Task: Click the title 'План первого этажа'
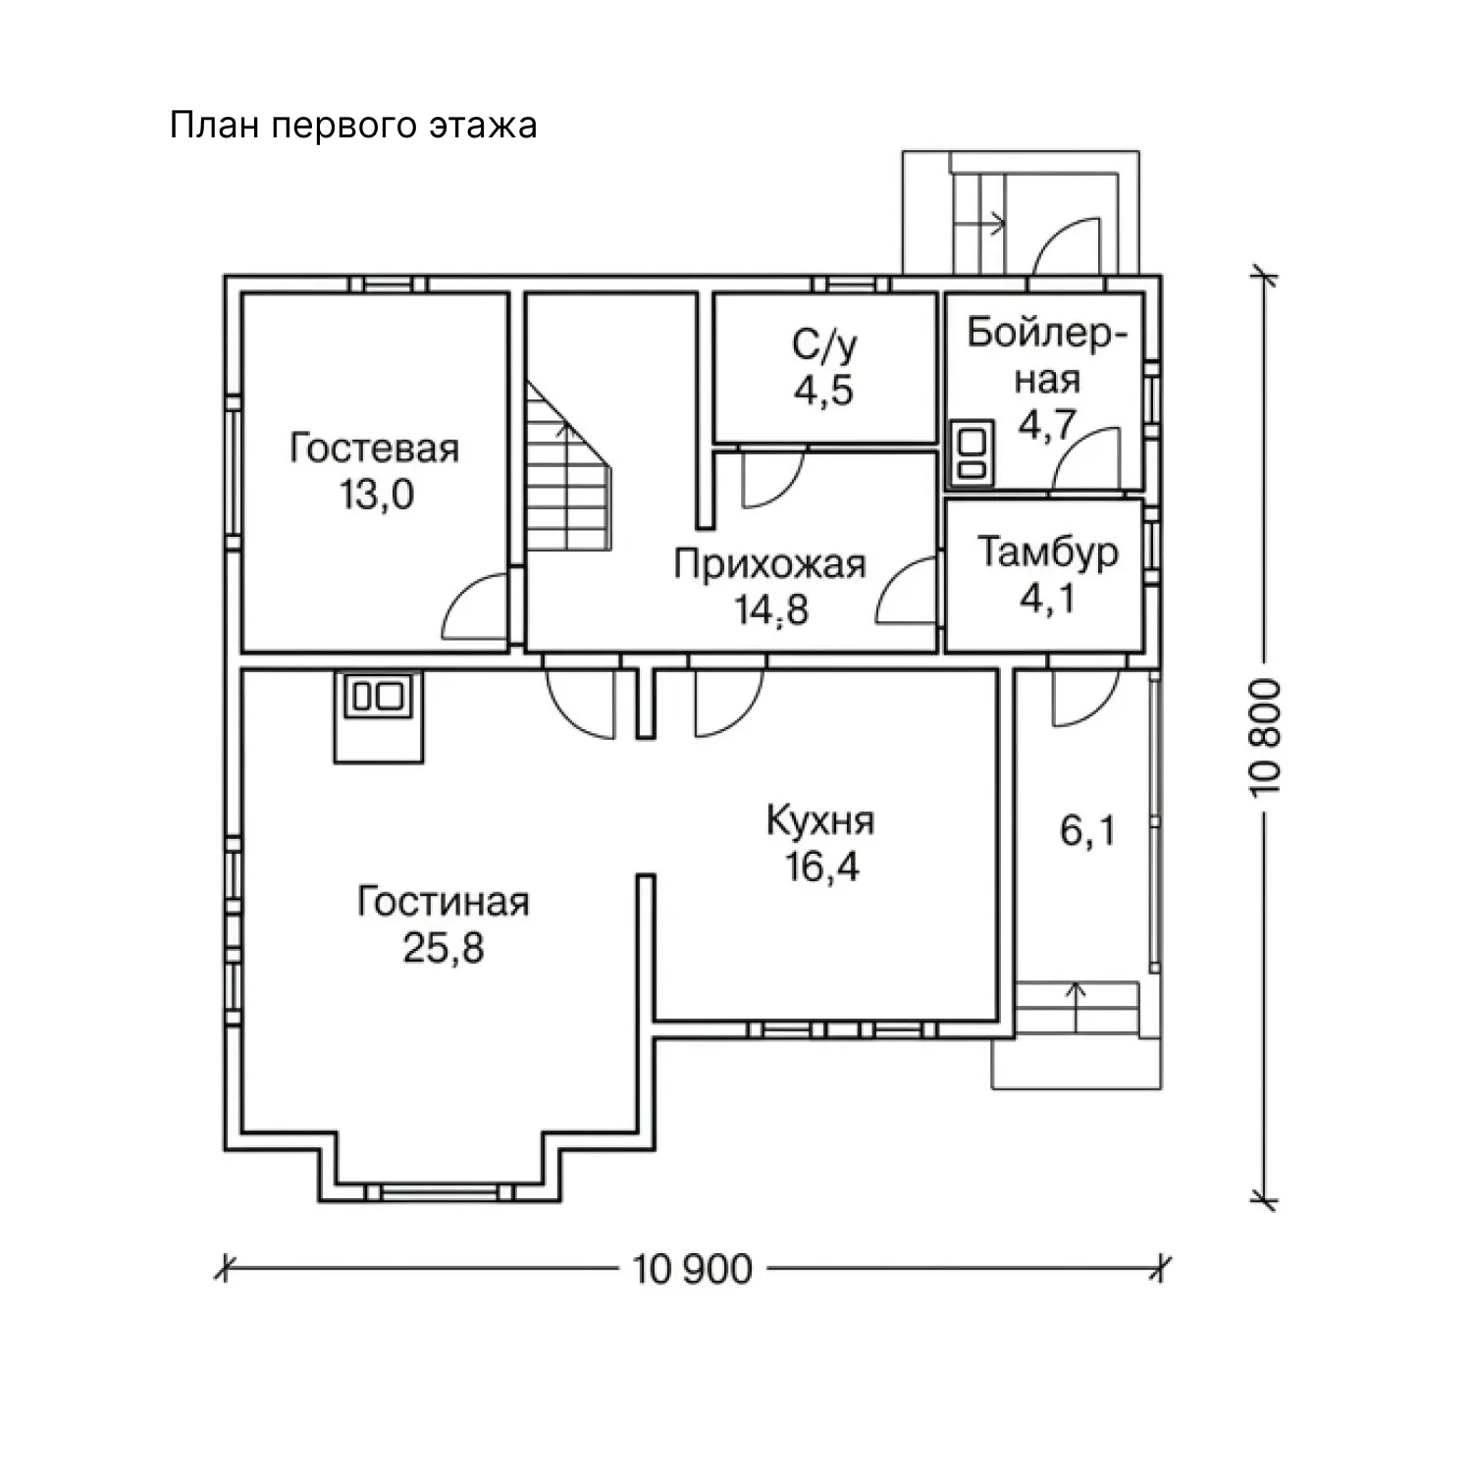tap(353, 127)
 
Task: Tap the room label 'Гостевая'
tap(375, 448)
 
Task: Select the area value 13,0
tap(377, 495)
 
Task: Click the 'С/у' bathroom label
tap(824, 345)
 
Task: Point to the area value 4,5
tap(824, 391)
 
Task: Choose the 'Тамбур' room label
tap(1047, 553)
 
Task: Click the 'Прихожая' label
tap(769, 565)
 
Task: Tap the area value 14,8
tap(771, 610)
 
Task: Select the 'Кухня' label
tap(820, 821)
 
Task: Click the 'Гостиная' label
tap(444, 902)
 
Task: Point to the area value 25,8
tap(444, 948)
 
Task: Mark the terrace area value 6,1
tap(1087, 832)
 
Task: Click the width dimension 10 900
tap(693, 1269)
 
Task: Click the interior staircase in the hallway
tap(569, 466)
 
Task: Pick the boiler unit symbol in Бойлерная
tap(971, 452)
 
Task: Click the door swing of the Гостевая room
tap(475, 605)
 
